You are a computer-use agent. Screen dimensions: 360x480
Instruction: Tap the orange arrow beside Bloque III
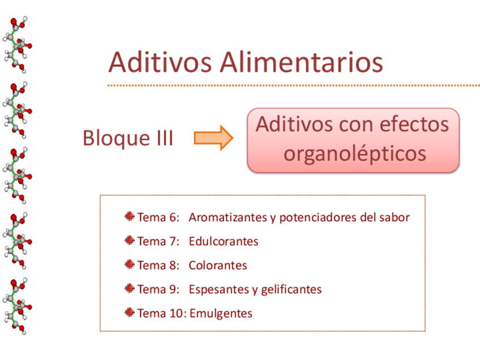pos(213,138)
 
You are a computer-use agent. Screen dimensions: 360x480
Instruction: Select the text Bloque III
pos(128,138)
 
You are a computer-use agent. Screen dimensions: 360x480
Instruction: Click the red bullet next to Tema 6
pos(130,217)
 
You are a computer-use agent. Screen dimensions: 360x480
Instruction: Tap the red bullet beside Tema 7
pos(130,241)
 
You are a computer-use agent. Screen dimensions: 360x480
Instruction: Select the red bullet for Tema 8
pos(130,265)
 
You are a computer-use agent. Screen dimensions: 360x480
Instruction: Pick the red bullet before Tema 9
pos(130,289)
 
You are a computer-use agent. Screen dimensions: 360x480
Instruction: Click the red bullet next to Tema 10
pos(130,312)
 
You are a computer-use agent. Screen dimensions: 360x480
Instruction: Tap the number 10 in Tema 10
pos(176,314)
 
